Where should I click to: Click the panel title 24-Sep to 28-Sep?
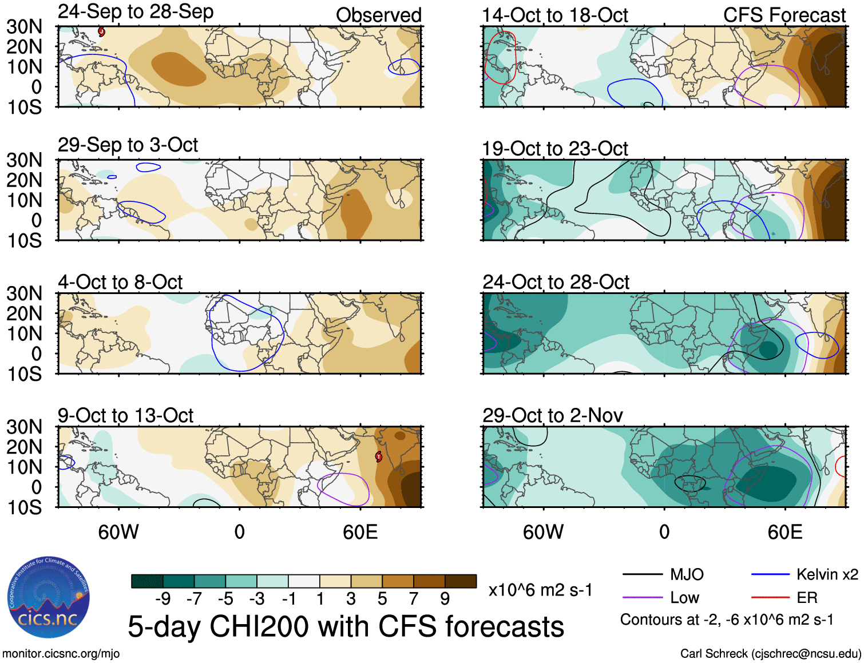136,12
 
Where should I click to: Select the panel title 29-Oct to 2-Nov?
552,415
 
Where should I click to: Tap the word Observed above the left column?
378,15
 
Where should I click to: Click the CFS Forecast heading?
784,15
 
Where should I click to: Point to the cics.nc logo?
49,598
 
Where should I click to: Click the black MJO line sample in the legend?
642,574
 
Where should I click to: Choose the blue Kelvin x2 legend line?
770,574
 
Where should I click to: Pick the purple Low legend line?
642,598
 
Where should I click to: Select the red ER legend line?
770,598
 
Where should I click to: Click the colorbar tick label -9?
163,599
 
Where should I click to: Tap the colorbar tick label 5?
382,599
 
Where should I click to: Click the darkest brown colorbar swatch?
461,581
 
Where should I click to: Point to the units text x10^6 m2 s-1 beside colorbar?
540,590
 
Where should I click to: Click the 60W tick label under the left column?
118,532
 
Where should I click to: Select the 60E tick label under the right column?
785,532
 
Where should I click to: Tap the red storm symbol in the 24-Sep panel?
101,31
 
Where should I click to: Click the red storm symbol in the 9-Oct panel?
379,456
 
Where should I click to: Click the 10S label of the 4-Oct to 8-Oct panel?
24,374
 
